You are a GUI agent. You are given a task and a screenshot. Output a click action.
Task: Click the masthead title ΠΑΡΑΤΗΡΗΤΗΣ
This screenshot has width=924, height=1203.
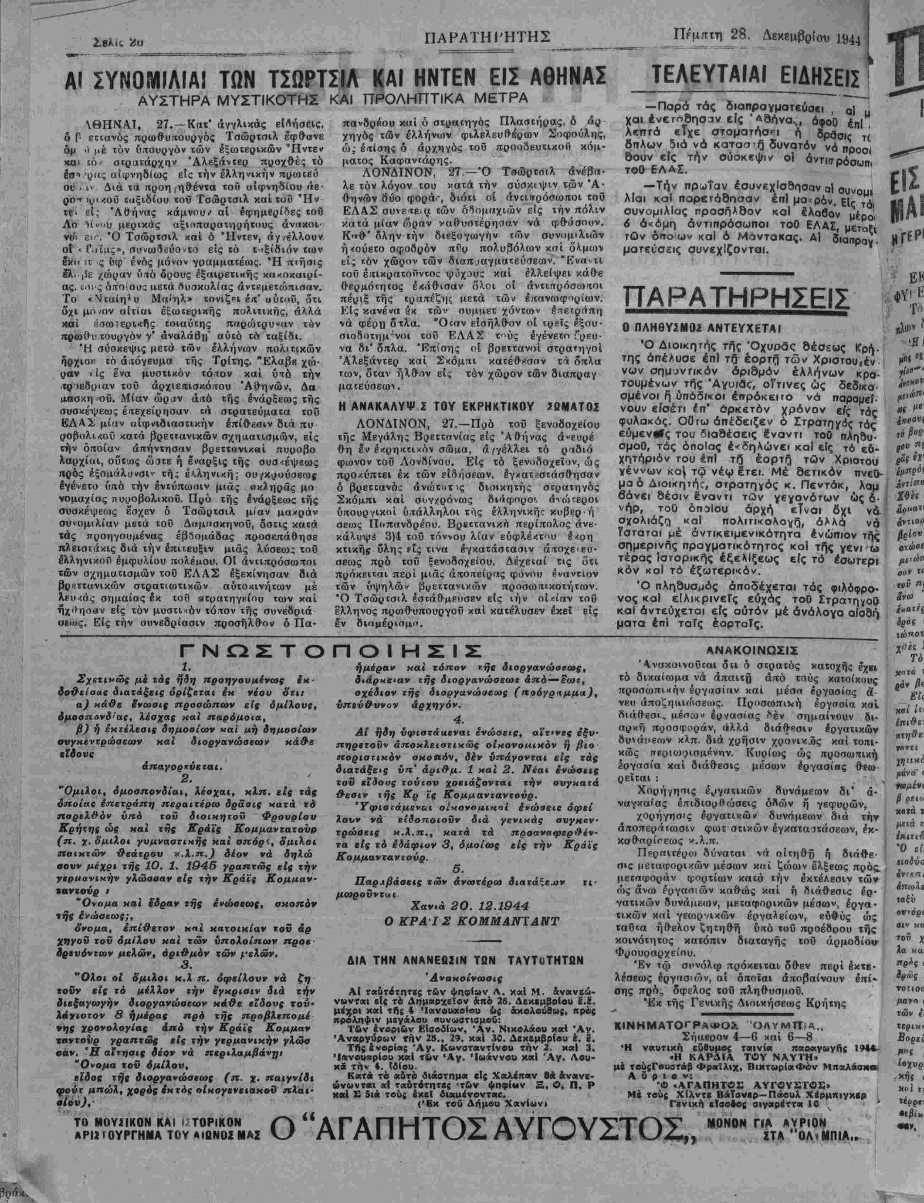488,37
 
